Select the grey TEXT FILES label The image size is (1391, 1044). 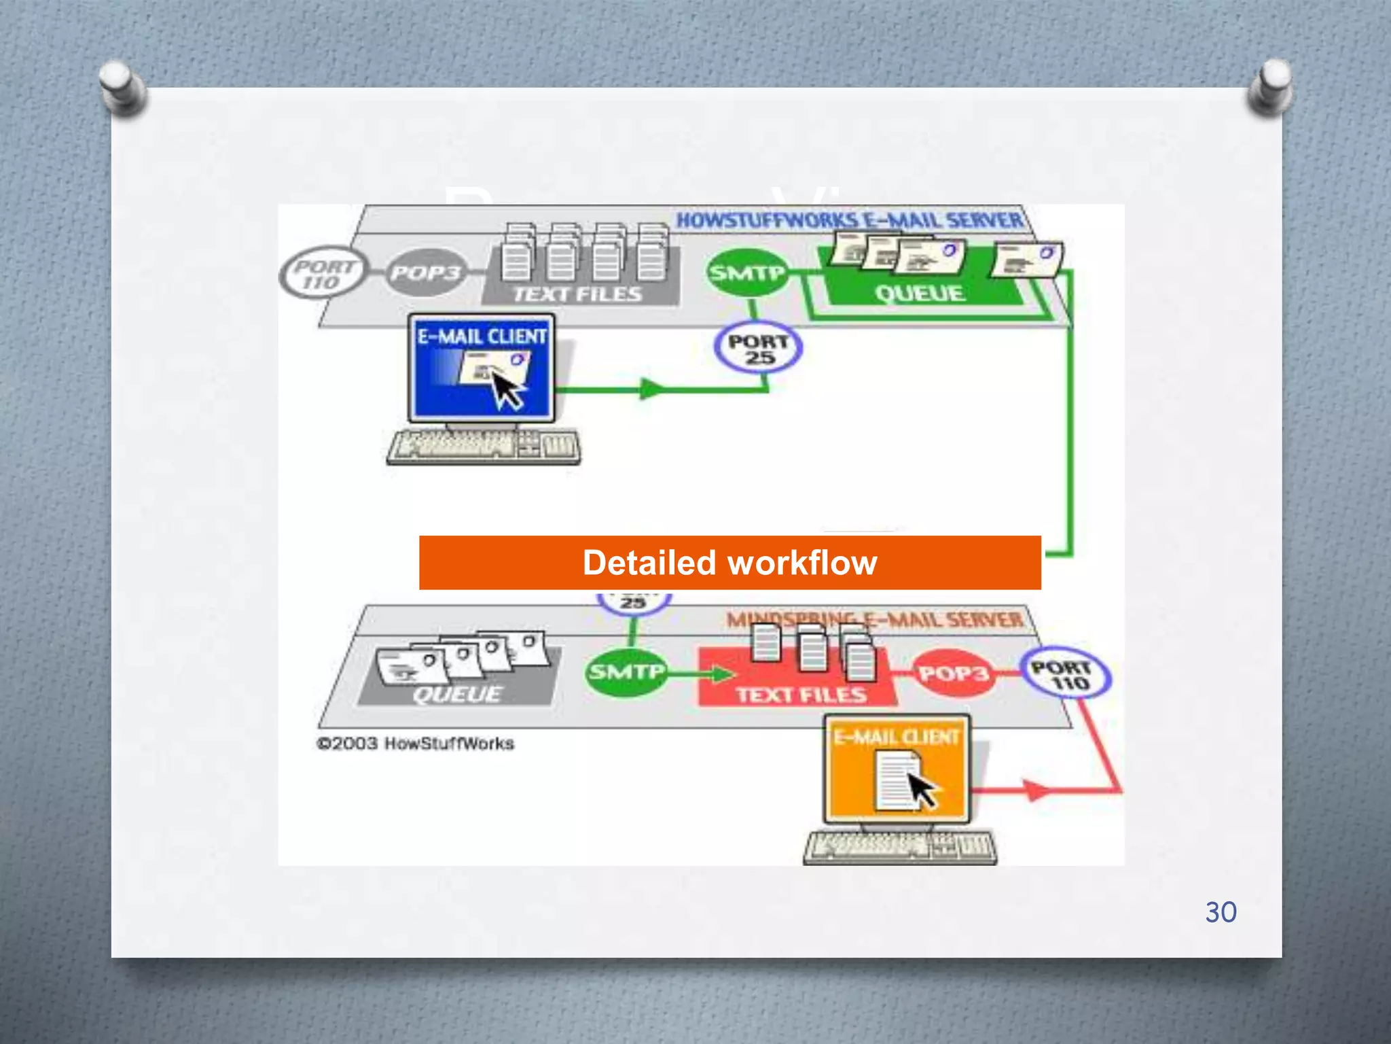point(577,294)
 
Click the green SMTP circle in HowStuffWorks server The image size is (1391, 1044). point(747,273)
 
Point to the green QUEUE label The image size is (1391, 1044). point(920,294)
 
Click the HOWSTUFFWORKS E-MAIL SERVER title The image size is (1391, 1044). point(849,220)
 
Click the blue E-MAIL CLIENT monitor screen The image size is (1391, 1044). point(482,368)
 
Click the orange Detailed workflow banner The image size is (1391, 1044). point(729,563)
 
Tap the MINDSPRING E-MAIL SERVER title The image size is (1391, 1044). point(875,620)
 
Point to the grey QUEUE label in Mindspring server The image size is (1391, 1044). point(457,694)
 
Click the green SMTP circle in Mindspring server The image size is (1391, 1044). point(626,672)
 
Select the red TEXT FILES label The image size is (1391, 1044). point(801,695)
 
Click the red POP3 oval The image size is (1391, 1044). point(953,674)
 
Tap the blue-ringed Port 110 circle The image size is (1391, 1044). point(1065,675)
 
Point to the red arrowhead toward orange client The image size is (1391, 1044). point(1035,790)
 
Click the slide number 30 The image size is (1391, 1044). point(1221,912)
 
